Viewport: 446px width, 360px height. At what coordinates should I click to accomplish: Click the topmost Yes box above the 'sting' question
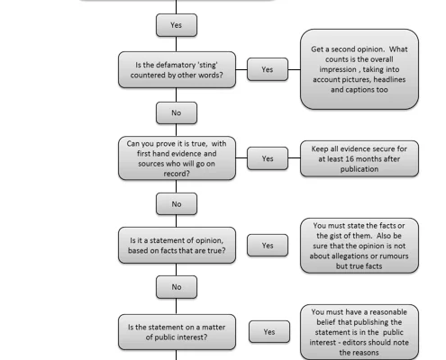[x=177, y=25]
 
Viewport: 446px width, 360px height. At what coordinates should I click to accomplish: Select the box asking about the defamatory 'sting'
[x=177, y=69]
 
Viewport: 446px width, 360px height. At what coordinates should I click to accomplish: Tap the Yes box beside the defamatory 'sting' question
[x=268, y=69]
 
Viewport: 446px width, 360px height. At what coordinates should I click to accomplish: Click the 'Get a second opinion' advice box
[x=360, y=69]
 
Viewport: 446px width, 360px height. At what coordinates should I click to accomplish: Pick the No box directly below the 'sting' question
[x=177, y=112]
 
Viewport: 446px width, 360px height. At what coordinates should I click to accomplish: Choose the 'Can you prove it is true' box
[x=177, y=158]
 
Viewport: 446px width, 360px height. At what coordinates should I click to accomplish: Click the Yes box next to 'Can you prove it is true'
[x=268, y=158]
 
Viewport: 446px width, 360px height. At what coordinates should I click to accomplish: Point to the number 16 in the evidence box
[x=349, y=159]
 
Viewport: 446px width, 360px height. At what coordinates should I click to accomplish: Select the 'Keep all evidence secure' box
[x=360, y=158]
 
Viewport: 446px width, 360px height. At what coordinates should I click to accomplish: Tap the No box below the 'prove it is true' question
[x=177, y=204]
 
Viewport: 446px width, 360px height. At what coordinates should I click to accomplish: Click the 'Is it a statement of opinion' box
[x=177, y=246]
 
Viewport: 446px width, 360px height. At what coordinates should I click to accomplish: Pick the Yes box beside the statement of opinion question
[x=268, y=246]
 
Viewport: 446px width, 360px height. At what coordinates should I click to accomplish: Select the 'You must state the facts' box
[x=360, y=246]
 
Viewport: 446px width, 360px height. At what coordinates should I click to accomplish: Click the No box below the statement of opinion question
[x=177, y=287]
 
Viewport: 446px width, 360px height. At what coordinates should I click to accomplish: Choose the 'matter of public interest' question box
[x=177, y=332]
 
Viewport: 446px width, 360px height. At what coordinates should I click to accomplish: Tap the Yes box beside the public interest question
[x=269, y=332]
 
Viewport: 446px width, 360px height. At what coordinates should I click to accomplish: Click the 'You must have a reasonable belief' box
[x=360, y=332]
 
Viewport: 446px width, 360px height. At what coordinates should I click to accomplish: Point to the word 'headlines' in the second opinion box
[x=389, y=79]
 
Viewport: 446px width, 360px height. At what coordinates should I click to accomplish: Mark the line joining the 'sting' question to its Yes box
[x=241, y=69]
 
